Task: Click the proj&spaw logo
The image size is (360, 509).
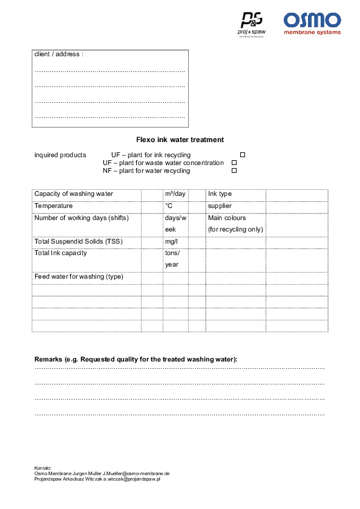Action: pos(251,24)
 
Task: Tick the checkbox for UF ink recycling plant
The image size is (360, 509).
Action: pos(243,155)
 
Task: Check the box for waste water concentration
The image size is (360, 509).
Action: pos(234,163)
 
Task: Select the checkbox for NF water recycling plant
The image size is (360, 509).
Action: pos(234,171)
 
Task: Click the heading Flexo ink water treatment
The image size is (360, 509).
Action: pos(180,140)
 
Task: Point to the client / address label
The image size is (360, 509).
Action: pos(59,54)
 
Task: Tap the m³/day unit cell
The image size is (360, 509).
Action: pos(175,194)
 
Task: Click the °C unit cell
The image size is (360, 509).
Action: pos(169,206)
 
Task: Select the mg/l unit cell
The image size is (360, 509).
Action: pos(171,242)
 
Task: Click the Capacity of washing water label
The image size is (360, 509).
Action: pos(74,194)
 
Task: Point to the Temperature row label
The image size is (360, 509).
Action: pos(54,206)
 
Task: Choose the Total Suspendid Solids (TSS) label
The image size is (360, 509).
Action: pos(79,242)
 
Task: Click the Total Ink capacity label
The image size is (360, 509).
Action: pos(61,253)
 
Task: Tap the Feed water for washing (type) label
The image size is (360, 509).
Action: pos(79,277)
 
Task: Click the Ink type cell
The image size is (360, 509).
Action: pos(220,194)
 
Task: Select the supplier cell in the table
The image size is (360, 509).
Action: pos(220,206)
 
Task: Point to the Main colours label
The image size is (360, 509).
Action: pos(227,218)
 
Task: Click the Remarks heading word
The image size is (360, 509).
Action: pos(49,359)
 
